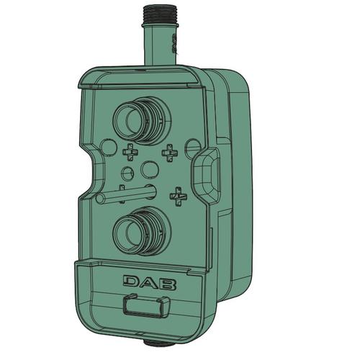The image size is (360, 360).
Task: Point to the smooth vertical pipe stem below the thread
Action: pos(160,45)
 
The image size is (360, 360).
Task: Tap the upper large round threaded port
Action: pos(142,121)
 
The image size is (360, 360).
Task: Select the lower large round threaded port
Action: pos(142,231)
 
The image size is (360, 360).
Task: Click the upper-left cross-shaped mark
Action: pos(131,152)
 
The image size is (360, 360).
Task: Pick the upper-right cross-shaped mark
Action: pos(170,153)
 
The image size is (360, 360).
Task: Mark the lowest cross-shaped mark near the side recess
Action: pos(179,196)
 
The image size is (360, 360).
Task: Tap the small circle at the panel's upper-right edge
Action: pos(194,147)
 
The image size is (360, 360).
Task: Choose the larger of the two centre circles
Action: pos(150,169)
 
